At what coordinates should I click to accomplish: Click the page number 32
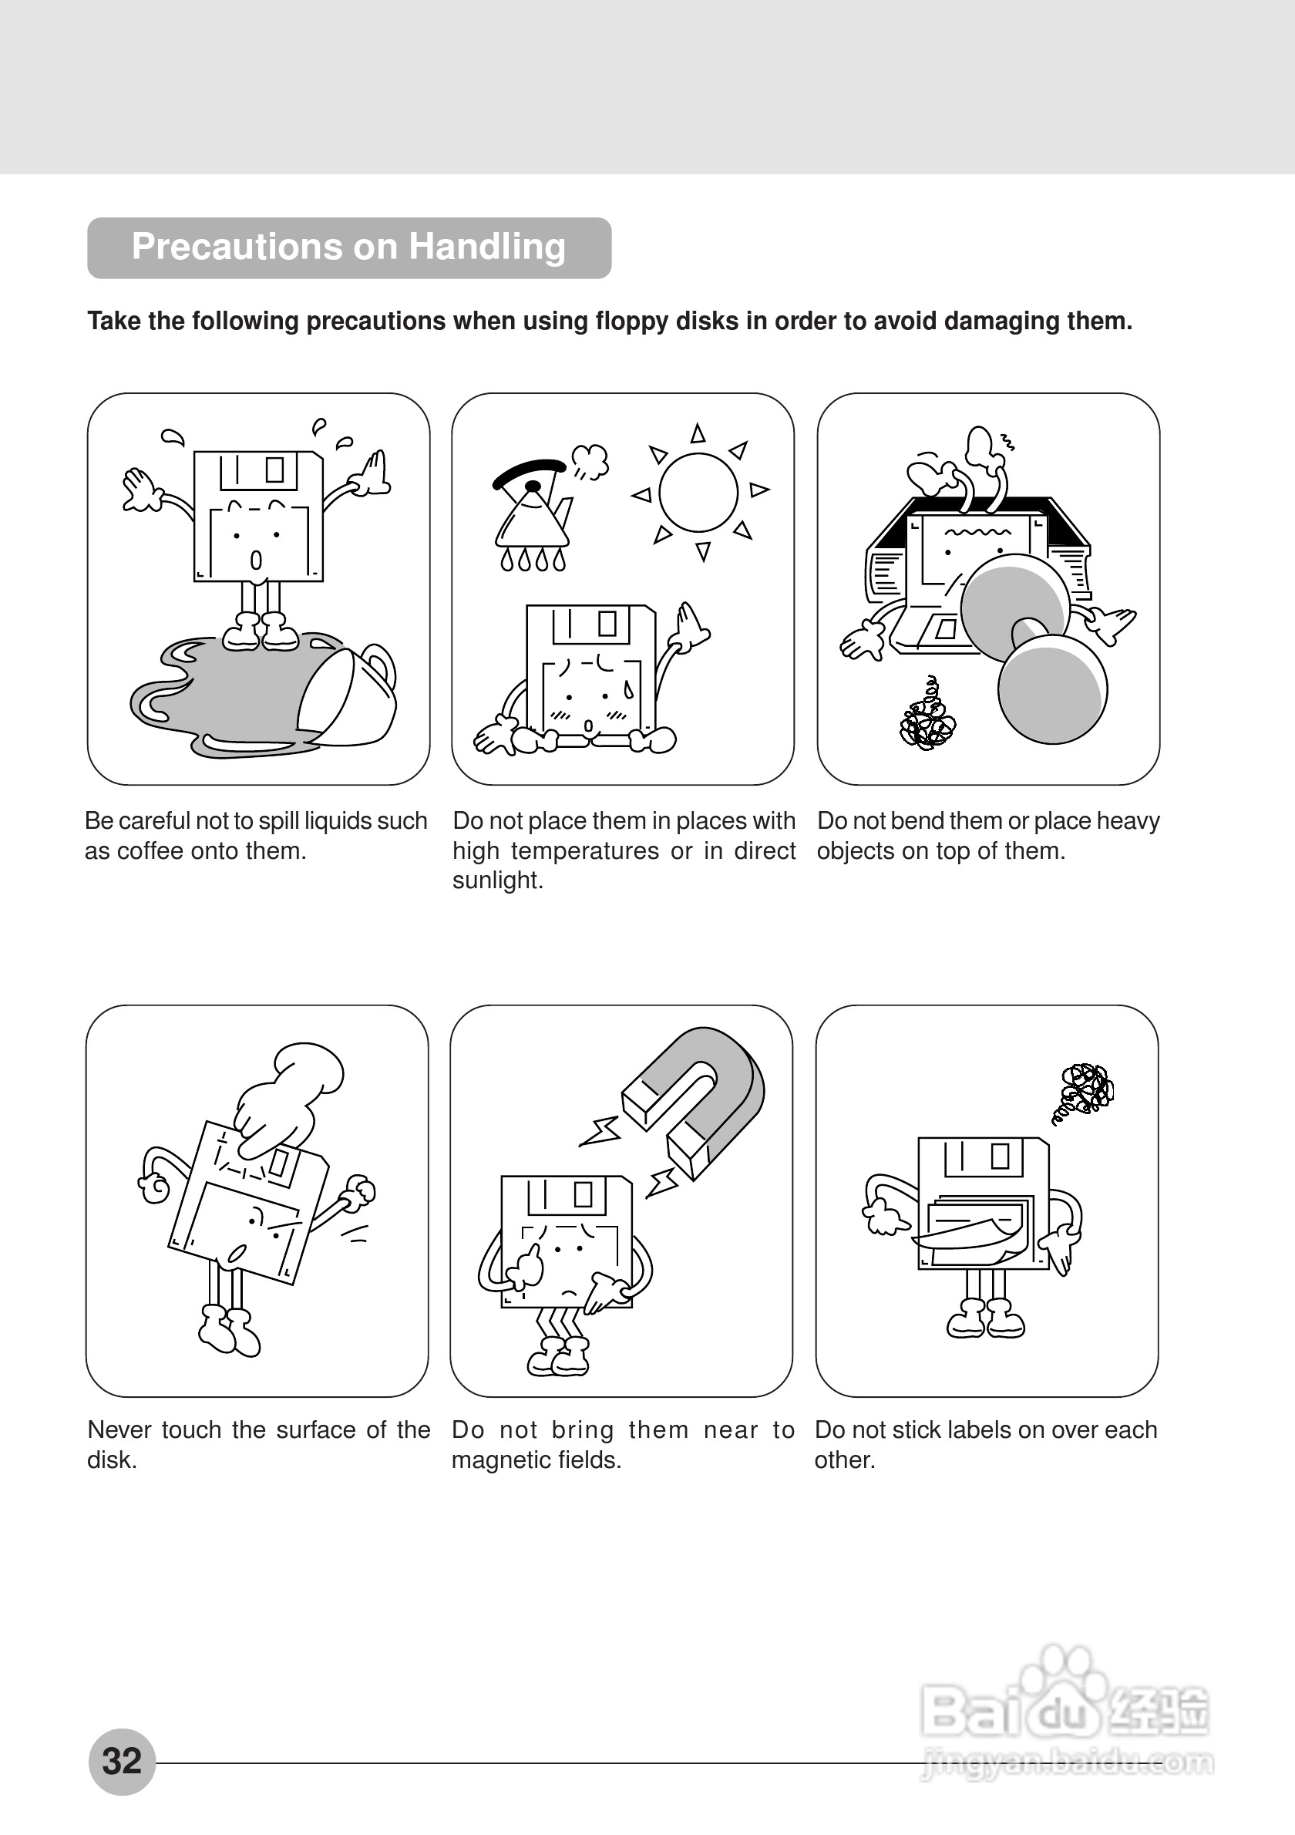click(122, 1762)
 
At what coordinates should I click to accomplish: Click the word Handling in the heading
click(486, 246)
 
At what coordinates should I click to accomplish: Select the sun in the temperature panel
click(698, 492)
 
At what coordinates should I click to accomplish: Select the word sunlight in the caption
click(497, 880)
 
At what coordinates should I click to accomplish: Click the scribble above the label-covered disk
click(1085, 1089)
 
